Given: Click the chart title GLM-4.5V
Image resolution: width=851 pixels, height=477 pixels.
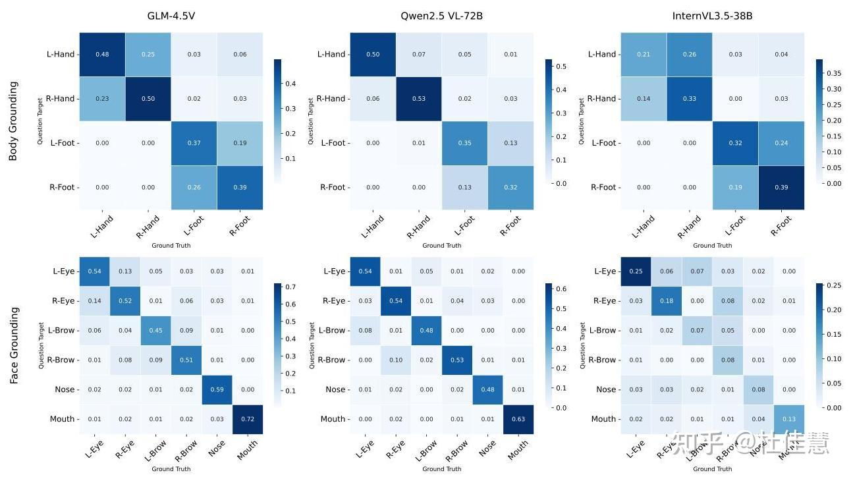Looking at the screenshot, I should click(x=171, y=16).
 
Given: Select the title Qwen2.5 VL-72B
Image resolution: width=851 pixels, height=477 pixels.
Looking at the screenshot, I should click(x=441, y=16).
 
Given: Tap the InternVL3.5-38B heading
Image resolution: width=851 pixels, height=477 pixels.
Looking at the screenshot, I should click(x=713, y=16).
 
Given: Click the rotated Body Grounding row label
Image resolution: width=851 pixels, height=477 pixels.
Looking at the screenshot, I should click(x=14, y=121).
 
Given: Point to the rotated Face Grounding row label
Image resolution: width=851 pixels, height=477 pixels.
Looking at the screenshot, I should click(x=14, y=346).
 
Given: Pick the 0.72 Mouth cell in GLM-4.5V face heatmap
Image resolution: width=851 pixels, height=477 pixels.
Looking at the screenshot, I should click(x=247, y=419).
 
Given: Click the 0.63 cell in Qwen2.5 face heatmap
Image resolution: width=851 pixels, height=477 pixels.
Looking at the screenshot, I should click(x=518, y=419).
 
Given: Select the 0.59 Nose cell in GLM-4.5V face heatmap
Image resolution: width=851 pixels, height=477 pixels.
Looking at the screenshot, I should click(x=217, y=389).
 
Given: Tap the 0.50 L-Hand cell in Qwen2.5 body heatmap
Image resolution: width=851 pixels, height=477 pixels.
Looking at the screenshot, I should click(x=373, y=54).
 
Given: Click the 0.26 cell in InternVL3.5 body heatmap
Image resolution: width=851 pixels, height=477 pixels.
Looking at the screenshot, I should click(x=690, y=54).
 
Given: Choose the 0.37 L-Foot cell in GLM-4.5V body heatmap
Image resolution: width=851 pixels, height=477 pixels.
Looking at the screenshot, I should click(x=194, y=143).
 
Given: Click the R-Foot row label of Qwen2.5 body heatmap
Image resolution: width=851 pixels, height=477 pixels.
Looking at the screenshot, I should click(x=333, y=187).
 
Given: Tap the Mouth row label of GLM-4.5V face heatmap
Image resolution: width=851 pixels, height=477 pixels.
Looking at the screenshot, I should click(x=62, y=419).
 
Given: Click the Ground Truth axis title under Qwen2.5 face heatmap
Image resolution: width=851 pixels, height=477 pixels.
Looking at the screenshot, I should click(x=441, y=469).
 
